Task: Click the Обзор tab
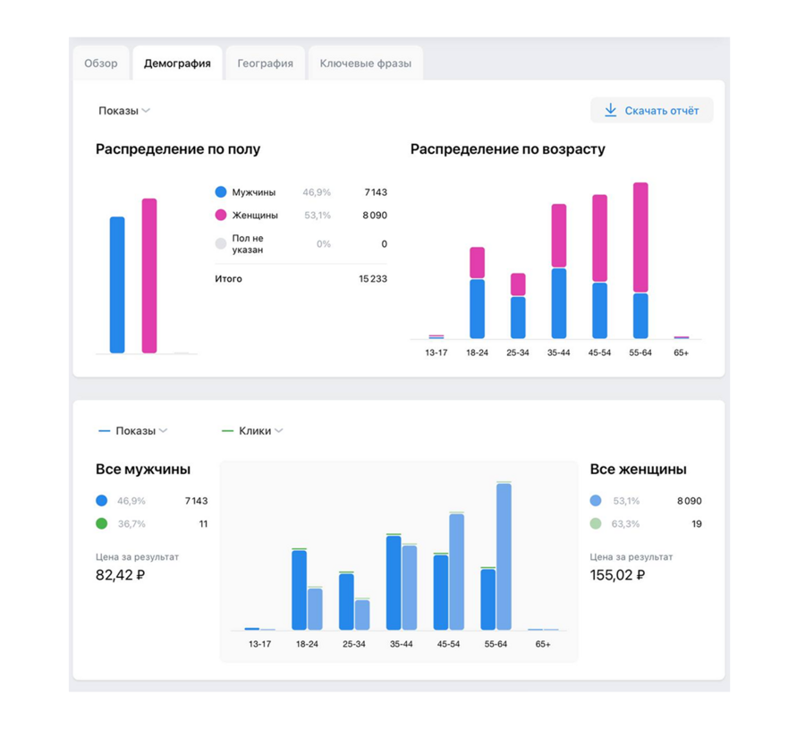[101, 64]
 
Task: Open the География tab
[265, 64]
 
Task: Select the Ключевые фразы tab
[365, 64]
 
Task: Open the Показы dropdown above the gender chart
[124, 111]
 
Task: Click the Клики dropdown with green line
[253, 431]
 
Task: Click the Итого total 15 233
[372, 279]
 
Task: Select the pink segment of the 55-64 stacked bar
[640, 237]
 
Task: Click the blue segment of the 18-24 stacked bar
[477, 309]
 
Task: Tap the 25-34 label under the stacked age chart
[518, 353]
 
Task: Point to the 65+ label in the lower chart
[543, 644]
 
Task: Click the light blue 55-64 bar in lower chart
[504, 556]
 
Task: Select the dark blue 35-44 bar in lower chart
[394, 583]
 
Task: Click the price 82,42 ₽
[120, 575]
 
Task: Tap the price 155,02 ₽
[617, 575]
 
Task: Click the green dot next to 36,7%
[102, 524]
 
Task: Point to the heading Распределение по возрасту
[508, 149]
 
